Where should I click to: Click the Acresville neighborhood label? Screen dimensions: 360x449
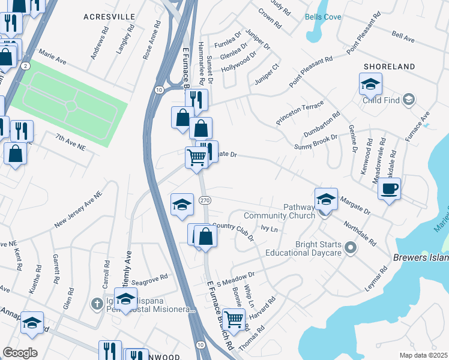(x=109, y=17)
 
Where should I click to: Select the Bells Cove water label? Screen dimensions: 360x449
(x=323, y=17)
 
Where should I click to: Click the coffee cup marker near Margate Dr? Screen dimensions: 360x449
(x=389, y=190)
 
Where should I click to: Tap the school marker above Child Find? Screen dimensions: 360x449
(x=370, y=85)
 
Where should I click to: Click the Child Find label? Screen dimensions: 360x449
(x=381, y=100)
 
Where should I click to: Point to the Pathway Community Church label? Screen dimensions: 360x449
(x=279, y=211)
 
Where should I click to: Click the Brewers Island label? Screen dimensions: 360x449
(x=421, y=257)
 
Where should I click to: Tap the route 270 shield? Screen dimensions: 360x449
(x=205, y=200)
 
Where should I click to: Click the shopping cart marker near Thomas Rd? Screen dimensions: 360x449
(x=234, y=319)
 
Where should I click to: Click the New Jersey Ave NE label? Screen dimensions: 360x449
(x=79, y=210)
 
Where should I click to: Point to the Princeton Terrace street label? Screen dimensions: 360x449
(x=300, y=113)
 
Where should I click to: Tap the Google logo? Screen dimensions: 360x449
(x=20, y=353)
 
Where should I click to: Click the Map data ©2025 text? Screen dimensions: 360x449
(x=423, y=355)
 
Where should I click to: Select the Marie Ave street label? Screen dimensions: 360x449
(x=52, y=57)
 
